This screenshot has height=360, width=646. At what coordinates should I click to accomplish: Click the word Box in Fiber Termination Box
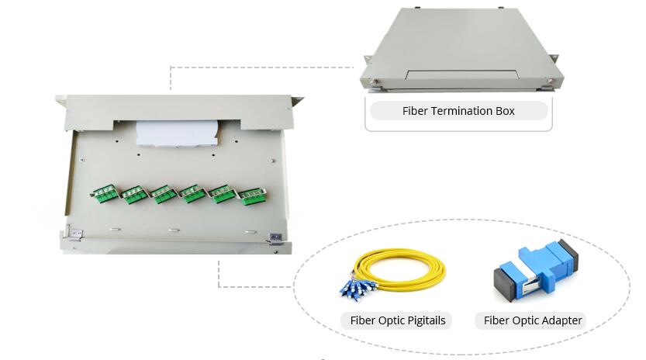pos(504,111)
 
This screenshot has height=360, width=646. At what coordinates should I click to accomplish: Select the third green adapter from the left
pos(163,195)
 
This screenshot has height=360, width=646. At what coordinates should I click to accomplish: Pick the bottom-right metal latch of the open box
pos(274,237)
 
